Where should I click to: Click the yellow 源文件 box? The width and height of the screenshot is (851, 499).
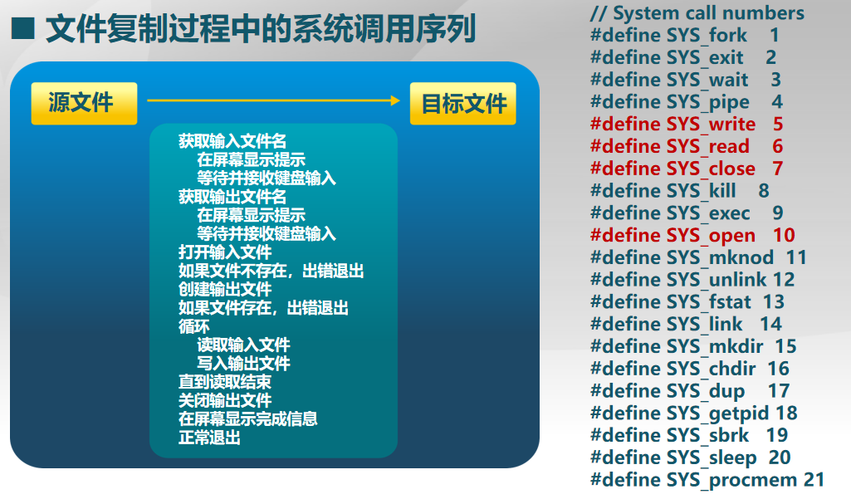[84, 103]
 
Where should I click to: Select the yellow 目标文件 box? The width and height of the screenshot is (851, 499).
[463, 103]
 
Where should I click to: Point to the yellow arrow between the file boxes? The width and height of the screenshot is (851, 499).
[273, 100]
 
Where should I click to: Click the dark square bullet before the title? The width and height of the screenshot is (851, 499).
[22, 28]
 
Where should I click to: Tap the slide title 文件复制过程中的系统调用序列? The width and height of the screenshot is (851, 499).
[261, 29]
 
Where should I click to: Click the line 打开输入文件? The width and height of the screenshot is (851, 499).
[225, 252]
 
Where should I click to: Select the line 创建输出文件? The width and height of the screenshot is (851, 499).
[225, 289]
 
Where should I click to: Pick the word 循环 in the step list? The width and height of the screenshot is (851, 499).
[193, 326]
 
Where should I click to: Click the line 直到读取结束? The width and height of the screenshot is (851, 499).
[225, 382]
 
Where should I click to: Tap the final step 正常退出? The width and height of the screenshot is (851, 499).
[209, 437]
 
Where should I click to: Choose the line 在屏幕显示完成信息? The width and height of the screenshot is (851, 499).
[248, 418]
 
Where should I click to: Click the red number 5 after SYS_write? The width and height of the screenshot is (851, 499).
[778, 124]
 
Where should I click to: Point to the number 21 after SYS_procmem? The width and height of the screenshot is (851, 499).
[814, 479]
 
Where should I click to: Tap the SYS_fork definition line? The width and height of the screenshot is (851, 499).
[685, 36]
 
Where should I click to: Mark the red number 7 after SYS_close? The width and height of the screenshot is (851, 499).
[778, 169]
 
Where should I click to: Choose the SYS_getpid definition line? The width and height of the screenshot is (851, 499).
[694, 413]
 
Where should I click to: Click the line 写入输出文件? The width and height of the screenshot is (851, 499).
[244, 364]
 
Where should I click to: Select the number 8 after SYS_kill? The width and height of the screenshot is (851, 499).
[764, 191]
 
